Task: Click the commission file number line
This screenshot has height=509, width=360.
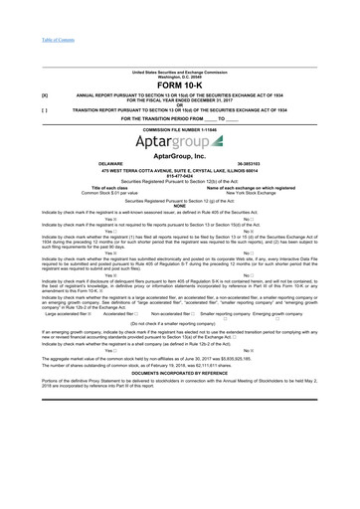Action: [179, 129]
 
